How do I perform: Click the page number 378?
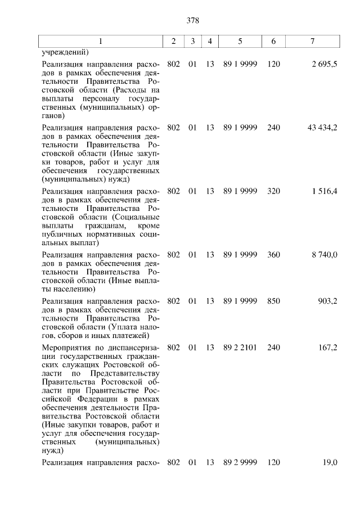point(193,21)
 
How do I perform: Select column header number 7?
point(313,42)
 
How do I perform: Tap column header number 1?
point(101,42)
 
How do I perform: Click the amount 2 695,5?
point(325,65)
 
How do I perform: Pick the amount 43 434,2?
point(322,128)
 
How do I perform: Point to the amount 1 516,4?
point(325,191)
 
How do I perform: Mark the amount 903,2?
point(327,301)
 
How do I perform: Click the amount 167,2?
point(327,348)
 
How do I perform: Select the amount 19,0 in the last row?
point(330,462)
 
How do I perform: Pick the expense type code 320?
point(274,191)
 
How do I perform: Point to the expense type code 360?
point(274,255)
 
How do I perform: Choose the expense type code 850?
point(274,301)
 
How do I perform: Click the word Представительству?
point(125,373)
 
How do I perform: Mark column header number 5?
point(240,42)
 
